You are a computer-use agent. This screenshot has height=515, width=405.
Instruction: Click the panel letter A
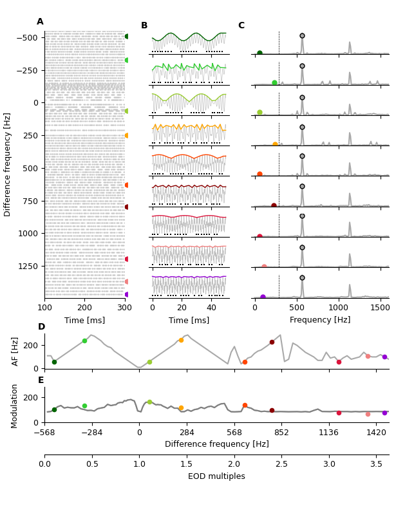[x=40, y=22]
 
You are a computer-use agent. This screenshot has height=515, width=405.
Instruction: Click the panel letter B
[x=144, y=26]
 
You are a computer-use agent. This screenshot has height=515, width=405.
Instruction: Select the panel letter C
[x=241, y=26]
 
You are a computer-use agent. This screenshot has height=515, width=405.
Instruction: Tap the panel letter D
[x=41, y=327]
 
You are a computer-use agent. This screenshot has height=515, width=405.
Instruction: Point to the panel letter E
[x=41, y=380]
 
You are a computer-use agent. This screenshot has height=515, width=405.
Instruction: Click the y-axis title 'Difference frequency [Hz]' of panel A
[x=8, y=164]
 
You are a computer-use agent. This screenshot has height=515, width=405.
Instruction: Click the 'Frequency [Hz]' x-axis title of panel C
[x=320, y=320]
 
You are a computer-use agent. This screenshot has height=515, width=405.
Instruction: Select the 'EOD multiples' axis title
[x=216, y=476]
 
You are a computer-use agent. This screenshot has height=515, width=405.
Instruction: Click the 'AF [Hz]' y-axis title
[x=15, y=351]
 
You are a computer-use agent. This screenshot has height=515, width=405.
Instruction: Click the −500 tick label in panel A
[x=26, y=38]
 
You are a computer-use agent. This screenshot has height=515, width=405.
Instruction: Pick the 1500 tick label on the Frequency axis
[x=381, y=308]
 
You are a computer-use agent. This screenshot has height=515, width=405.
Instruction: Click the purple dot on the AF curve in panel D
[x=384, y=357]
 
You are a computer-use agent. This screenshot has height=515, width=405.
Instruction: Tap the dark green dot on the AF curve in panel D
[x=54, y=362]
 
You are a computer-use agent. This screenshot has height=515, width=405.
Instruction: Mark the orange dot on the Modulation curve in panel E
[x=181, y=407]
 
